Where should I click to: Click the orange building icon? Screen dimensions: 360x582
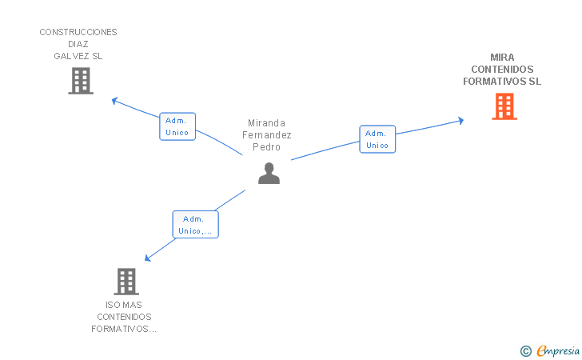tap(504, 106)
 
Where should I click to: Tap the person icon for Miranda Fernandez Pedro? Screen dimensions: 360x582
tap(269, 173)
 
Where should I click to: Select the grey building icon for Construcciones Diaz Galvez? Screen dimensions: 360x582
tap(81, 81)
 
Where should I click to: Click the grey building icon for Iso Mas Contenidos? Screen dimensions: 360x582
tap(126, 281)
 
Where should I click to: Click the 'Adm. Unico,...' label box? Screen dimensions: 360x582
tap(196, 225)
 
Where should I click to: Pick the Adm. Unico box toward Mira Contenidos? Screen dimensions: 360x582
tap(377, 139)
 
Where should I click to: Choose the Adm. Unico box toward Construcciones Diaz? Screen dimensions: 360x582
tap(177, 126)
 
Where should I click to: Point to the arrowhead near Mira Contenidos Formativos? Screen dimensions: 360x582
tap(460, 121)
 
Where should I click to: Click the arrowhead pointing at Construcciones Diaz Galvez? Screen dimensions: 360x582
tap(114, 100)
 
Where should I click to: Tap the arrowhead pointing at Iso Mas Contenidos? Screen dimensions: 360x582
tap(146, 258)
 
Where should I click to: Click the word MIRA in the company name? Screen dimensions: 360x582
tap(503, 58)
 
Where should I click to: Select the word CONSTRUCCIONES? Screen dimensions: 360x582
tap(78, 32)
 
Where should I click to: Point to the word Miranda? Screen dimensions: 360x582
tap(266, 123)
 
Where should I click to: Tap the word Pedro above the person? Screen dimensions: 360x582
tap(266, 147)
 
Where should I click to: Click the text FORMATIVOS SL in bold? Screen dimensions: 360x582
tap(503, 82)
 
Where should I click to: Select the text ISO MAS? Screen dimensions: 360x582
tap(123, 305)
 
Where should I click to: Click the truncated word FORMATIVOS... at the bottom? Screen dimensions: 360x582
tap(123, 329)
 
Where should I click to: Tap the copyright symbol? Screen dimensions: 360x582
tap(525, 350)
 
